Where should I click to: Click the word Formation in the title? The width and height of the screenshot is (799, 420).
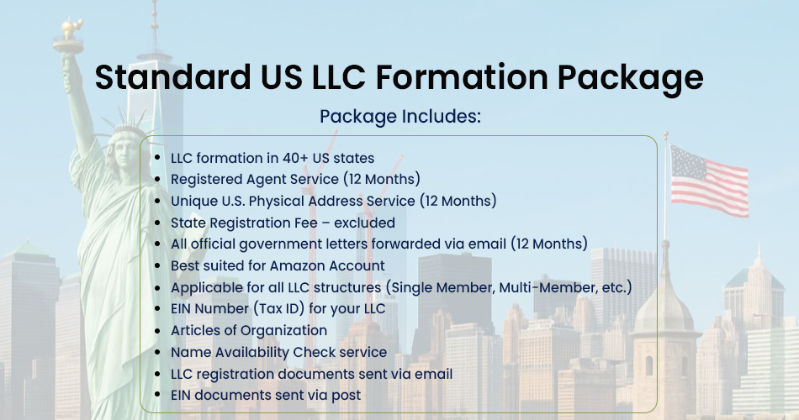462,77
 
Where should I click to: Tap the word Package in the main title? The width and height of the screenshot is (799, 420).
630,79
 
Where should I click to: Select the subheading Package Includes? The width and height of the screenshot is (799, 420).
400,117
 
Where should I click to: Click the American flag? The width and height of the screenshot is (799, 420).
709,181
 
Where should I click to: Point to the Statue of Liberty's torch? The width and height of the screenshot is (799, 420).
69,34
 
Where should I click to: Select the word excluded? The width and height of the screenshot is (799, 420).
364,223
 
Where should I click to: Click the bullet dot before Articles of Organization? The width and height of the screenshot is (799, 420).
158,331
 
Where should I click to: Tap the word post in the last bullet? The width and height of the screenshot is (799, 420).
346,396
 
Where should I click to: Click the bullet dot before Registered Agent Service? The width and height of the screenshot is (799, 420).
158,180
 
